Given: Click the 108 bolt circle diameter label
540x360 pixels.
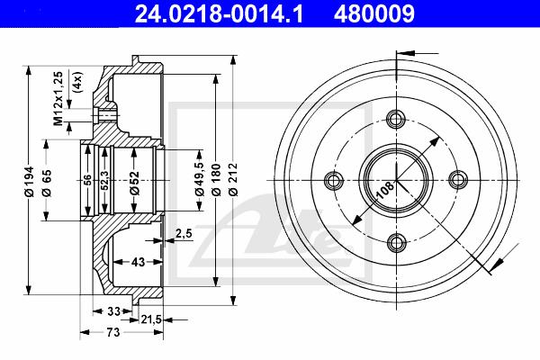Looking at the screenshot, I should pos(383,188).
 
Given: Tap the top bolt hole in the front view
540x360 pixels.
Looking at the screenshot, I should pos(396,118).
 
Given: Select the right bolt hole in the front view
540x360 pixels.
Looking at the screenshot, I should pos(458,179).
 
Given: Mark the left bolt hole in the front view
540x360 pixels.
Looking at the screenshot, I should pos(335,179).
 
